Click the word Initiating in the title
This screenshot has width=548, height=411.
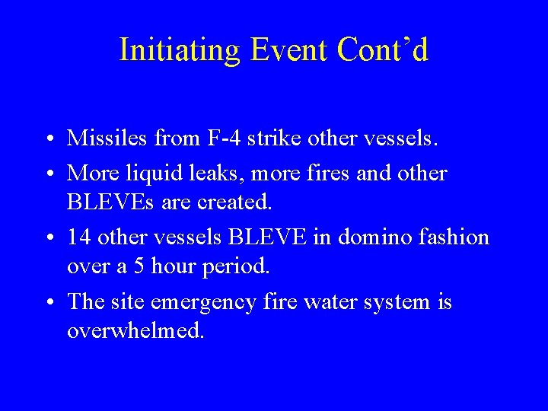tap(180, 50)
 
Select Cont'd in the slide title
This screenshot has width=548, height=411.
tap(384, 50)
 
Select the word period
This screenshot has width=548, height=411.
tap(236, 267)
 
